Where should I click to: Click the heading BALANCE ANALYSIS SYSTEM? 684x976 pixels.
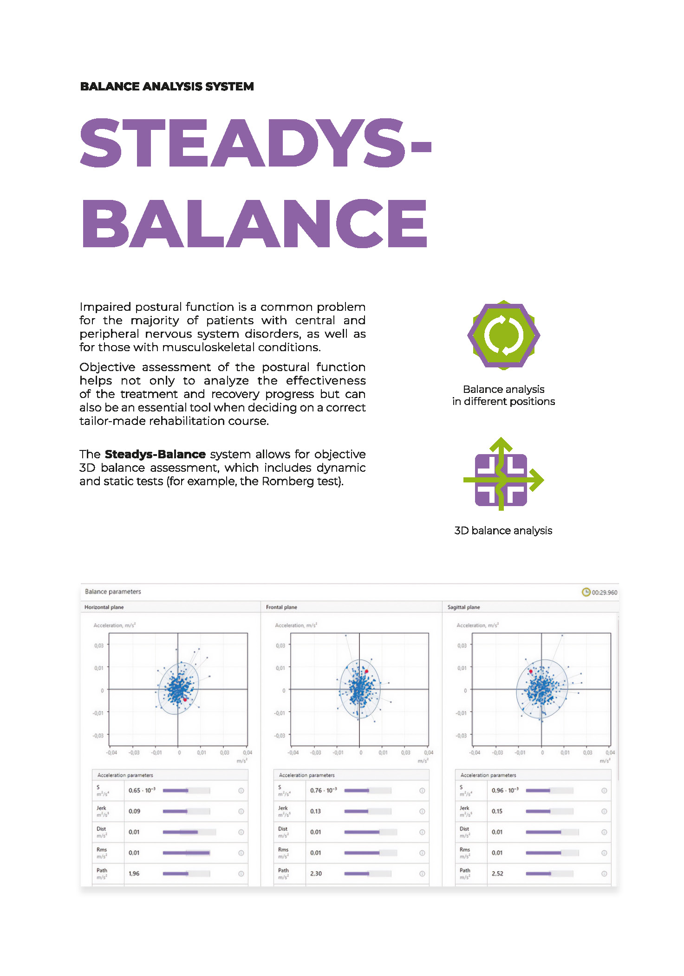[167, 86]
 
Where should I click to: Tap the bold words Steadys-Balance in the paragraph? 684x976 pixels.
[155, 454]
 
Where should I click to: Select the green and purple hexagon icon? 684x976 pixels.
[503, 335]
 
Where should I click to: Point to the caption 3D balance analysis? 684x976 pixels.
[503, 531]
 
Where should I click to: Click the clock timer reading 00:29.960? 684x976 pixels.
[599, 592]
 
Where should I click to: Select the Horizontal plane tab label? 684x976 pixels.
[104, 607]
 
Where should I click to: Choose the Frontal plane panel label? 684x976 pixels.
[281, 607]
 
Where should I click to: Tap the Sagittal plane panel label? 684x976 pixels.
[463, 607]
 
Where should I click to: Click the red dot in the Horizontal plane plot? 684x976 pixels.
[185, 699]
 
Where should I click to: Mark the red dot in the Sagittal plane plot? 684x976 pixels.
[531, 671]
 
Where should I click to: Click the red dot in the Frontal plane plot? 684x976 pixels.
[366, 671]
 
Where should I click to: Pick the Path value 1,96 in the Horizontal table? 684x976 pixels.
[134, 873]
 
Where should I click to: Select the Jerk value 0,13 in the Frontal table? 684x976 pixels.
[315, 811]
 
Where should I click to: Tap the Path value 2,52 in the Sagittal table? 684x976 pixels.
[497, 873]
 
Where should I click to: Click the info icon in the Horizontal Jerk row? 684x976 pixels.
[241, 811]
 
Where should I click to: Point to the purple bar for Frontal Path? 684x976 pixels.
[357, 873]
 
